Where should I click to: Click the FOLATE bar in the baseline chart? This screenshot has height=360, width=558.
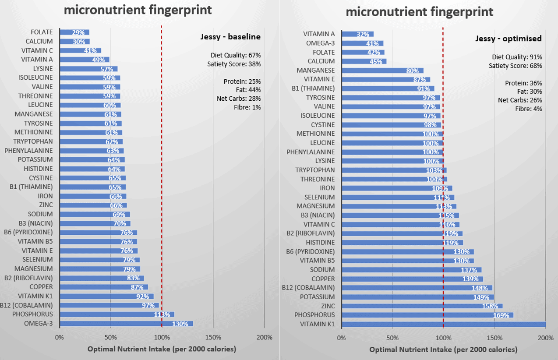click(x=74, y=32)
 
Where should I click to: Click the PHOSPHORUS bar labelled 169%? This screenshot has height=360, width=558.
click(x=427, y=315)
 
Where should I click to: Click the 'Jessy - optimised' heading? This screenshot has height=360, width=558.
click(x=509, y=39)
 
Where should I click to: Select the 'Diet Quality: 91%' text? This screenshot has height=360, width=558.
click(x=517, y=57)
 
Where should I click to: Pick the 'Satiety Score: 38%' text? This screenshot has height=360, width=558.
click(x=234, y=64)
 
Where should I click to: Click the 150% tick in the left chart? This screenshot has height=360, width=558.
click(x=213, y=338)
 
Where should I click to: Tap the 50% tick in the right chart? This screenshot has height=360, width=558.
click(x=392, y=338)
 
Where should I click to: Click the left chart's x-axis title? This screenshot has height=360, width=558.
click(x=162, y=349)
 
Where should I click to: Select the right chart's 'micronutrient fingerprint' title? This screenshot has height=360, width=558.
click(x=419, y=11)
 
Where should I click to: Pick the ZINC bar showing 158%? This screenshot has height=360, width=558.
click(x=422, y=306)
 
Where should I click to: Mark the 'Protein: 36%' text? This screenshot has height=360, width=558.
click(x=523, y=83)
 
